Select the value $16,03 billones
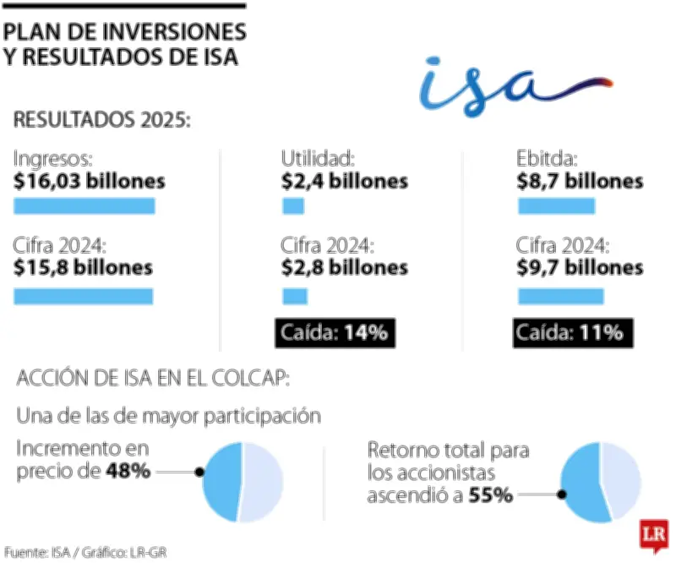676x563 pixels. (90, 181)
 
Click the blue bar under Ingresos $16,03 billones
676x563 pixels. (84, 206)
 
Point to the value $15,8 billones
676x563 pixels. (83, 268)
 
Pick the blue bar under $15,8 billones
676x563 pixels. (83, 296)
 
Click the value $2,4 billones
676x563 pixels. (345, 181)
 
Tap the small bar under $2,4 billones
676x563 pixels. (293, 206)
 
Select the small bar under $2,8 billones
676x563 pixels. (295, 296)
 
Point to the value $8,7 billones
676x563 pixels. (580, 181)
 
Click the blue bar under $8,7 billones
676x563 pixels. (556, 206)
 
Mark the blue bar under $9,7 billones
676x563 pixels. (560, 296)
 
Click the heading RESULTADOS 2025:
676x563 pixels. (102, 118)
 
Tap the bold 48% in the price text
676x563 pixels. (128, 471)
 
